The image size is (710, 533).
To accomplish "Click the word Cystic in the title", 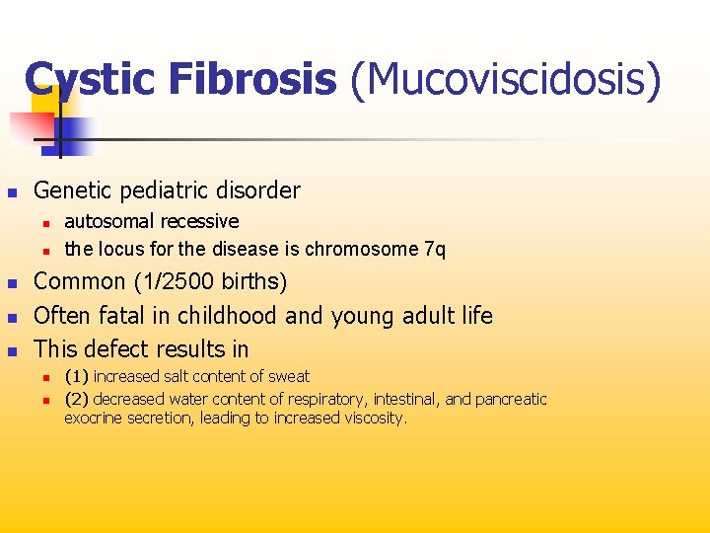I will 88,79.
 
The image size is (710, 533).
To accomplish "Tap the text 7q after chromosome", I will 434,249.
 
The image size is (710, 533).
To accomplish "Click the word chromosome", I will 364,249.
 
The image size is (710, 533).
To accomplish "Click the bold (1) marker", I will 77,376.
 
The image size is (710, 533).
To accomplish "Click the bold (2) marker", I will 77,399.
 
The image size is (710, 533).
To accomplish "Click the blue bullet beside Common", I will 12,283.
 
